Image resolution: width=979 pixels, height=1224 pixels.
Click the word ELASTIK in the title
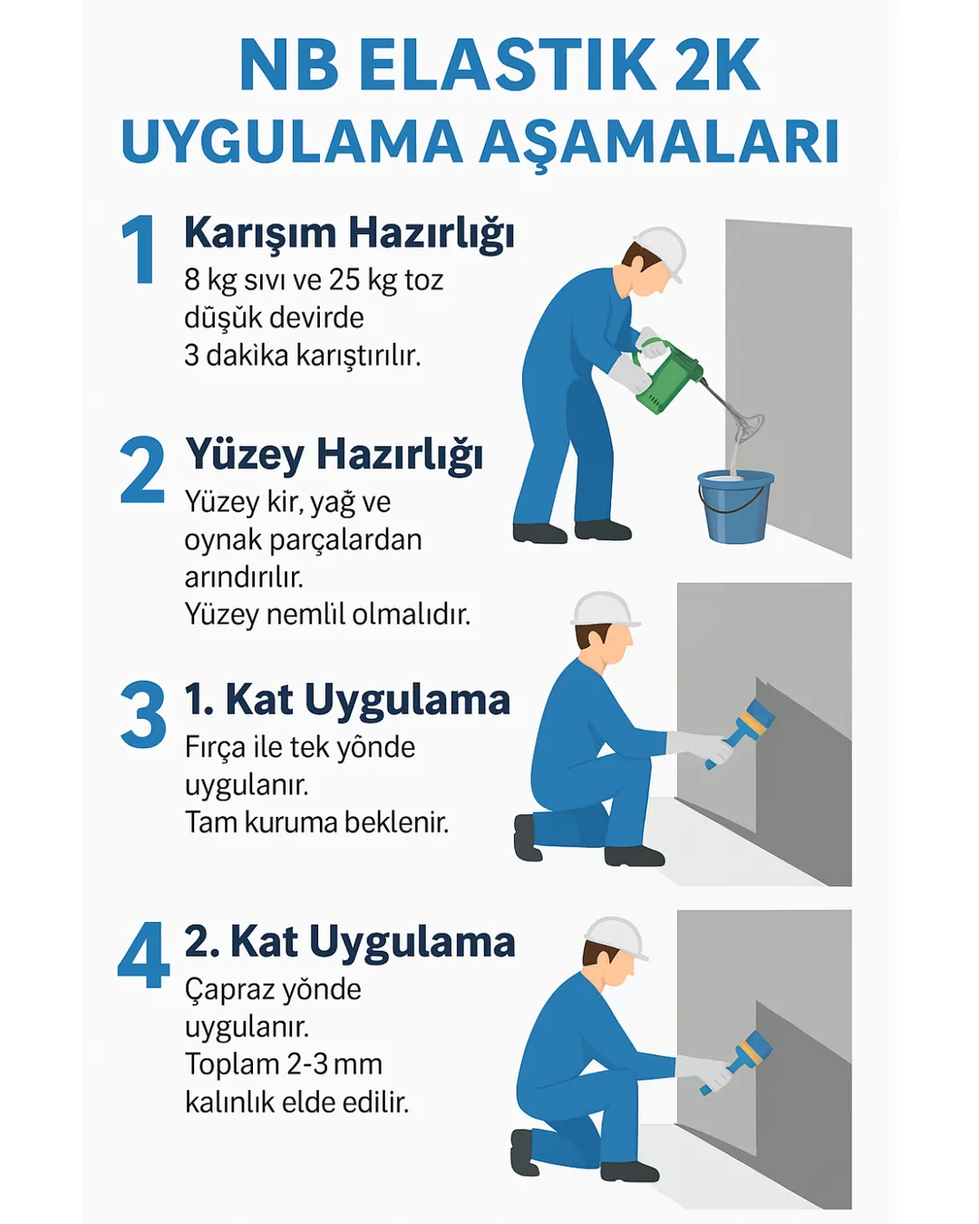click(x=508, y=65)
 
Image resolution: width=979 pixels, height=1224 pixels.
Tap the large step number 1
click(x=139, y=249)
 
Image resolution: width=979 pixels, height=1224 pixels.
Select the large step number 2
click(x=142, y=471)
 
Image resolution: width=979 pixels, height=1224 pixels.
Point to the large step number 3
click(x=143, y=715)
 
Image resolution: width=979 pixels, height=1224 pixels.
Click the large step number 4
click(x=143, y=957)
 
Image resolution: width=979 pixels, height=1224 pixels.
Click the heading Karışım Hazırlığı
click(x=349, y=233)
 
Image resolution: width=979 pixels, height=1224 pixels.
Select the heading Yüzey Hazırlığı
click(x=334, y=455)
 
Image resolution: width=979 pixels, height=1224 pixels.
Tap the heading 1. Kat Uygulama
click(x=347, y=700)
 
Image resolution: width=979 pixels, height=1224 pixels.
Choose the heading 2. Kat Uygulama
click(x=350, y=942)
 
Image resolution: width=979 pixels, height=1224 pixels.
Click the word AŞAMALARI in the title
click(x=659, y=142)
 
